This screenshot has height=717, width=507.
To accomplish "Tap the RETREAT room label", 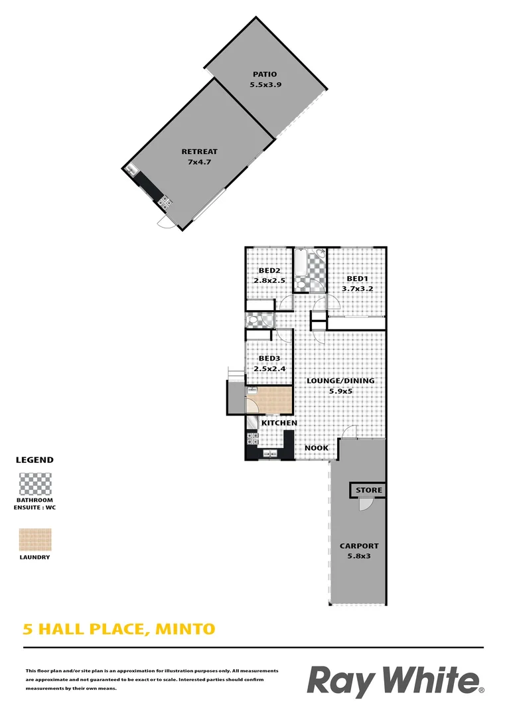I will (x=199, y=151).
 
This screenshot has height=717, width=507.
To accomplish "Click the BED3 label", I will (x=268, y=358).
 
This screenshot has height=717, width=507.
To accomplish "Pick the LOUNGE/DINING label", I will (x=340, y=381).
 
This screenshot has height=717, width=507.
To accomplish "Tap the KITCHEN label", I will (x=279, y=423).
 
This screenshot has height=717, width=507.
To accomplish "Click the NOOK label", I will (x=317, y=448).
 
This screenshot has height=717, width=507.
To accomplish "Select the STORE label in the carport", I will (x=369, y=491).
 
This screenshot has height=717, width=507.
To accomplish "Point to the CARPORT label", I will (x=359, y=546).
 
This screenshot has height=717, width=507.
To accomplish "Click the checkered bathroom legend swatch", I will (x=35, y=484).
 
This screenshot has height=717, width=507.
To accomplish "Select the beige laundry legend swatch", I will (x=35, y=540).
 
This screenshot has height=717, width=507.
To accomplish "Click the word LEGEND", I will (x=35, y=459).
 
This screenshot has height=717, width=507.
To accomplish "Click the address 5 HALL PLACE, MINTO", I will (x=119, y=628).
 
